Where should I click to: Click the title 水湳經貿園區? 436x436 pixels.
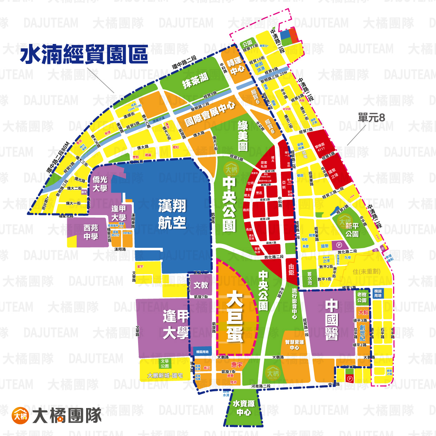pos(84,54)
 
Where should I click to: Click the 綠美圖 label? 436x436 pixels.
pos(242,136)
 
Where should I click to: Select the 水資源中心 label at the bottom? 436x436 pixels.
pos(243,408)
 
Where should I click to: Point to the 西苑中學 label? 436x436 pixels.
pos(91,232)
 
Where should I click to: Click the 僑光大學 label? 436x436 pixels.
pos(100,183)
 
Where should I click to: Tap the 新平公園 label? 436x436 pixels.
pos(352,230)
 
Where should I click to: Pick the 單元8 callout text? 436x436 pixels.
pos(371,118)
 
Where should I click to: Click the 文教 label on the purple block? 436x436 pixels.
pos(201,285)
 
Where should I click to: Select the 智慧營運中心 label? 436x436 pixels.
pos(294,345)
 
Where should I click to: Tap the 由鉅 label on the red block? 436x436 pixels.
pos(291,270)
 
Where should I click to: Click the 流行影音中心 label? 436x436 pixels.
pos(295,303)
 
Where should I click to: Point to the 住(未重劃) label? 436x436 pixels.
pos(366,271)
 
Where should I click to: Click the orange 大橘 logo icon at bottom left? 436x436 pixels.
pos(20,415)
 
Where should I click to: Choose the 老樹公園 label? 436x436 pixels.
pos(362,298)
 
